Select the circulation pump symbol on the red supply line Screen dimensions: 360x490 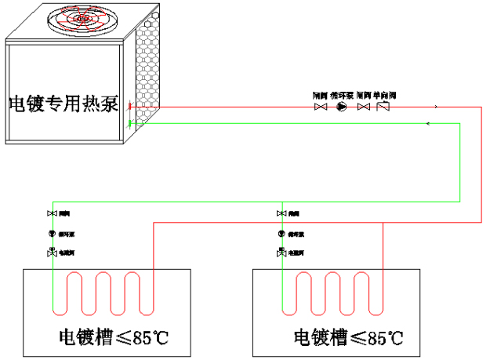click(x=341, y=106)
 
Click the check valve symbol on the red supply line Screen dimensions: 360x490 click(x=383, y=106)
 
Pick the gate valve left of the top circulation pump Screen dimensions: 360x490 click(x=320, y=106)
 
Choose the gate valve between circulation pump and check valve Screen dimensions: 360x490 click(x=363, y=106)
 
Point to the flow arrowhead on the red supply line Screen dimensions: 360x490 click(x=436, y=106)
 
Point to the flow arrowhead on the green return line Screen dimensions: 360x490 click(x=427, y=123)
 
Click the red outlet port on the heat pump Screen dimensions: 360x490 click(x=131, y=106)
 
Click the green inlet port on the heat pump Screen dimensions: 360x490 click(x=131, y=123)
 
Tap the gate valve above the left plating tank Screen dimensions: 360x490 click(x=52, y=213)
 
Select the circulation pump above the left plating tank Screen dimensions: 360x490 click(x=52, y=233)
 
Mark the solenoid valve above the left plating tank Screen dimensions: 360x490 click(x=52, y=253)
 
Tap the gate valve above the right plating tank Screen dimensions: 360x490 click(x=281, y=213)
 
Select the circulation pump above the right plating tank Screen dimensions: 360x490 click(x=281, y=233)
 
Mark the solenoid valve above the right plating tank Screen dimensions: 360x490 click(x=281, y=253)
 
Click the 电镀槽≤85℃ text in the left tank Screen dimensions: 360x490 click(x=114, y=339)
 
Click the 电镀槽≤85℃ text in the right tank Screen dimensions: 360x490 click(x=348, y=339)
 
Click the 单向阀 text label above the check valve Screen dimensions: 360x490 click(x=384, y=95)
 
